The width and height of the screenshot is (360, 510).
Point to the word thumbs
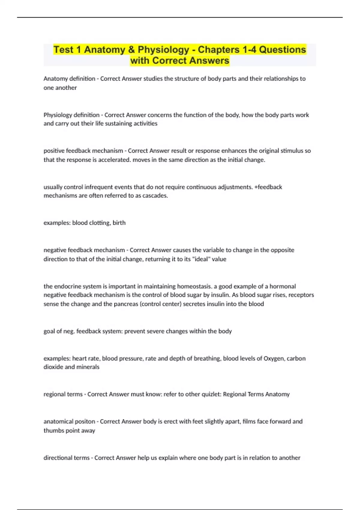[53, 430]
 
